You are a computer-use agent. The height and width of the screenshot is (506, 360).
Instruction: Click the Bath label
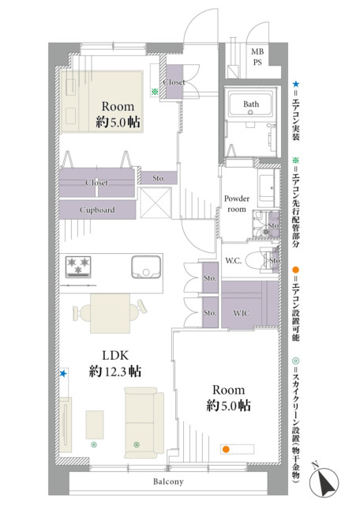click(x=251, y=104)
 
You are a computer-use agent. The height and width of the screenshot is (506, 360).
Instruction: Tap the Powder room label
click(x=237, y=204)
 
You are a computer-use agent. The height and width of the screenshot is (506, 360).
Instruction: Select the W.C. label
click(x=233, y=261)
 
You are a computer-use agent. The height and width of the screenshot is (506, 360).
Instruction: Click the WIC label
click(x=241, y=313)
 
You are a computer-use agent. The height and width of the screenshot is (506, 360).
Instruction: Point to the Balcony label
click(x=168, y=481)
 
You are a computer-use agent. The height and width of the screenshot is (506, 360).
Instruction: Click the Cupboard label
click(x=97, y=210)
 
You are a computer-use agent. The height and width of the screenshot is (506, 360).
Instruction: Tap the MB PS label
click(x=257, y=57)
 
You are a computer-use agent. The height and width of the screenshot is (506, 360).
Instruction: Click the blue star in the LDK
click(x=63, y=374)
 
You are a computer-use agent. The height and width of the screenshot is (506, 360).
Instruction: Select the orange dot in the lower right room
click(x=227, y=449)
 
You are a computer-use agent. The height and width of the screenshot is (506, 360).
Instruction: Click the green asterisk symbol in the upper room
click(x=155, y=92)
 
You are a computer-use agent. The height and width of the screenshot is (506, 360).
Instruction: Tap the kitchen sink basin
click(x=146, y=267)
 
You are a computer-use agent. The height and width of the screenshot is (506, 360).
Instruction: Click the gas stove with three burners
click(x=78, y=267)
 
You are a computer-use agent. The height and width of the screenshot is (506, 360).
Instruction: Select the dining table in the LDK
click(x=110, y=313)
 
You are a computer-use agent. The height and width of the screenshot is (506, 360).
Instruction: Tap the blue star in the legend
click(x=295, y=85)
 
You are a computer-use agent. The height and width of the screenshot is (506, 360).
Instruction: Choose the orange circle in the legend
click(x=295, y=270)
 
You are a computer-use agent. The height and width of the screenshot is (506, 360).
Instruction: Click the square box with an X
click(x=155, y=202)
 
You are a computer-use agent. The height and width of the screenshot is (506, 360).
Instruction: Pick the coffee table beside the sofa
click(x=95, y=425)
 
